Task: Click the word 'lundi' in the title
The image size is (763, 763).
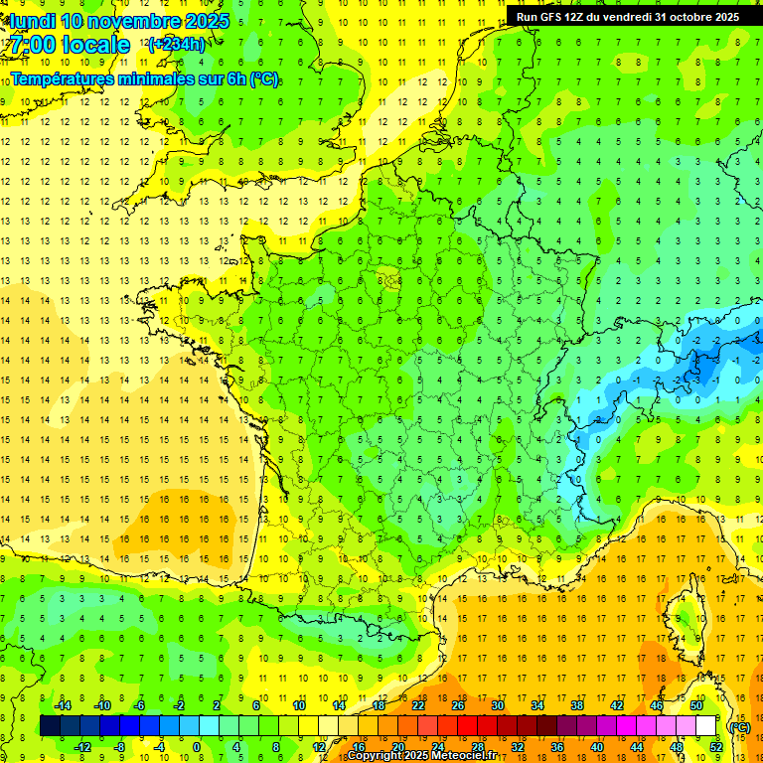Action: pos(33,21)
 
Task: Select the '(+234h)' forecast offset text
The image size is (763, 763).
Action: pos(177,44)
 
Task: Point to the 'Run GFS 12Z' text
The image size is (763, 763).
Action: pos(549,17)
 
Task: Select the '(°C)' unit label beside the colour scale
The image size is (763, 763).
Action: pos(739,726)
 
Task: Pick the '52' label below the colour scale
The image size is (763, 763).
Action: pos(715,747)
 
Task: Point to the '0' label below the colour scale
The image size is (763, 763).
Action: pos(196,747)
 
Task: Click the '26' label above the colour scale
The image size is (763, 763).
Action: pos(458,705)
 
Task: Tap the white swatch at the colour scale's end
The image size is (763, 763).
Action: pos(705,726)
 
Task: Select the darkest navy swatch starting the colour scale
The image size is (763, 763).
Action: pos(50,726)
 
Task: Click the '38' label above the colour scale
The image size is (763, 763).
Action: pos(577,705)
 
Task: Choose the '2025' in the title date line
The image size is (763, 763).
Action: pos(207,21)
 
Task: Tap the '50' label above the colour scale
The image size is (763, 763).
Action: pos(696,705)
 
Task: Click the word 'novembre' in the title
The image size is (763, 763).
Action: pos(134,21)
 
